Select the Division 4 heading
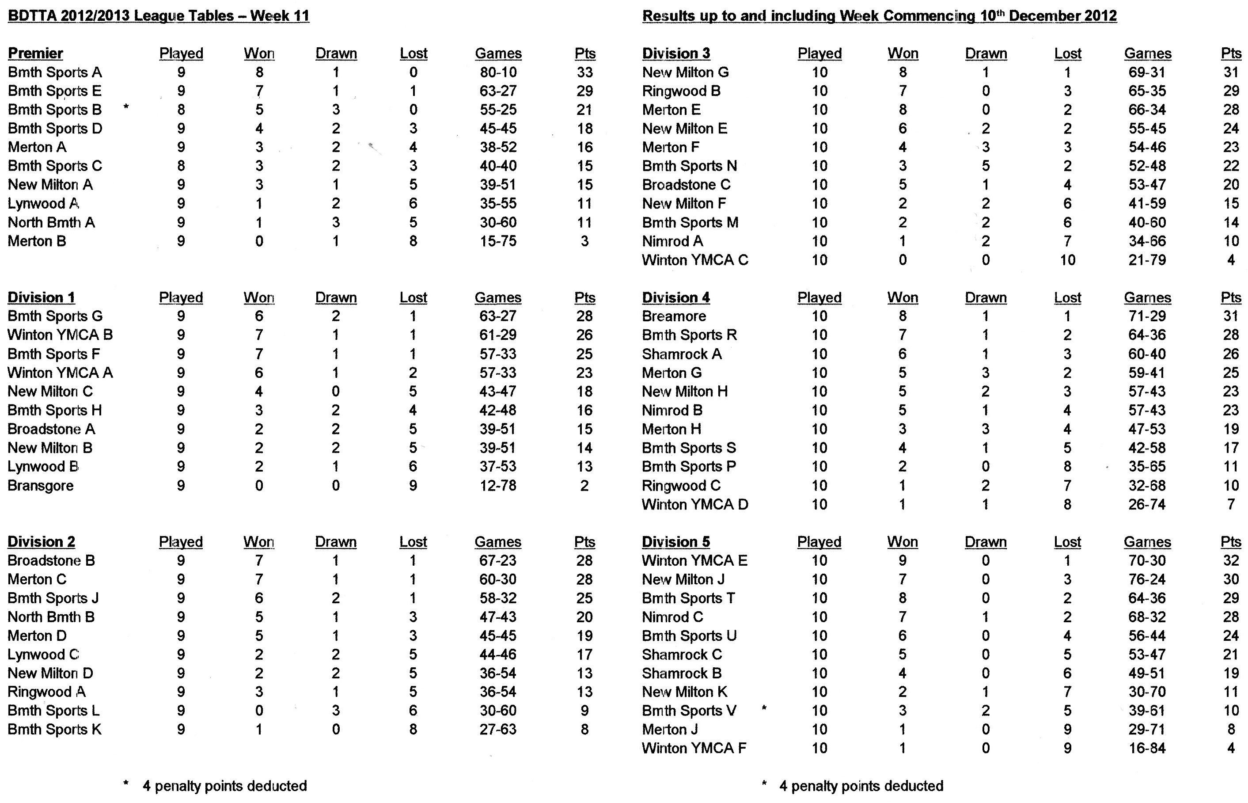(675, 297)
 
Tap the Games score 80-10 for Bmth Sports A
(497, 72)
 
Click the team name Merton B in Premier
(37, 241)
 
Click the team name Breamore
(674, 316)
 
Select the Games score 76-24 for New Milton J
(1147, 579)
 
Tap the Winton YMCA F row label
(694, 748)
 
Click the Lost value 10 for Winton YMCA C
(1067, 260)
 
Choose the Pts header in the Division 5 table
(1230, 542)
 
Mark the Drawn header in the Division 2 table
(336, 542)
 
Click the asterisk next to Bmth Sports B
(126, 107)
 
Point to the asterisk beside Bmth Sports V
(764, 708)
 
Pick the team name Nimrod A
(672, 241)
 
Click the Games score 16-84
(1147, 748)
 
